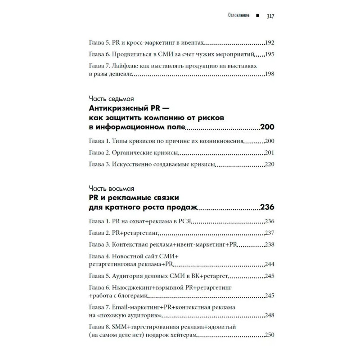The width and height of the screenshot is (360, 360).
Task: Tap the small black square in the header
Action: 257,16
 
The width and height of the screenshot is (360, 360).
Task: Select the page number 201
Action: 270,153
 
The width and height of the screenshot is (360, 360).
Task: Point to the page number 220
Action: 270,164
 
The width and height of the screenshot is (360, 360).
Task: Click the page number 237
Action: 270,233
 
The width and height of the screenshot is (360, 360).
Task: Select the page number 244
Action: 270,264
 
